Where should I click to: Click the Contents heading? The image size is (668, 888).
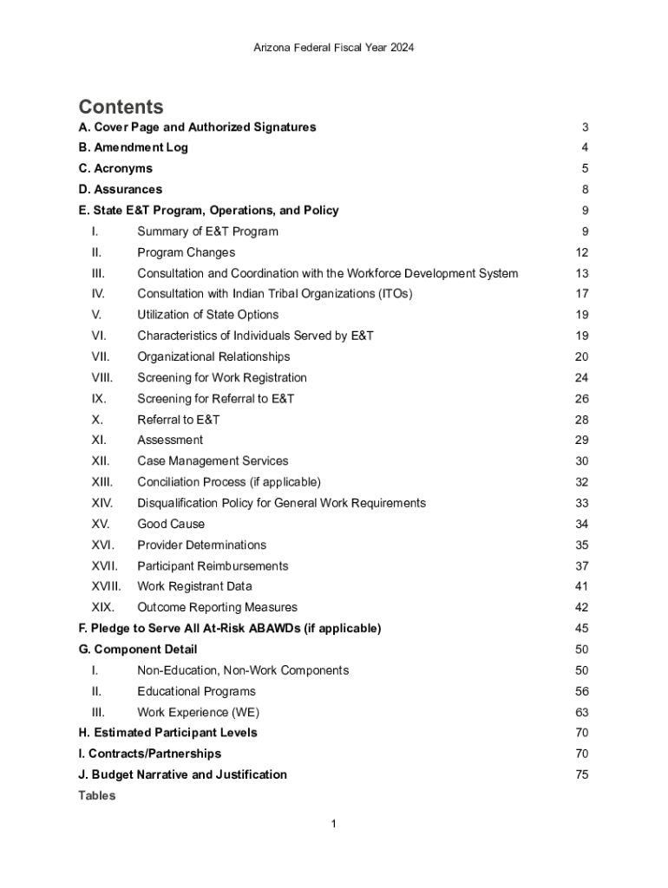[x=121, y=107]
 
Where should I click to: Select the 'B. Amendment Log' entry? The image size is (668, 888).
[x=133, y=147]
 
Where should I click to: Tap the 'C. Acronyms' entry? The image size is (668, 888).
[x=115, y=168]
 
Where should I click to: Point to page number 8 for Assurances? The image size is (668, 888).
[x=586, y=189]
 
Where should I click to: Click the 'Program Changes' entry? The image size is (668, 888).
[x=186, y=252]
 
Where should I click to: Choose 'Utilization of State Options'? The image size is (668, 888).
[x=208, y=315]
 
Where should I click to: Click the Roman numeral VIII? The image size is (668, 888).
[x=102, y=377]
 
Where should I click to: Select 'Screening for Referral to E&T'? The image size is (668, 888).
[x=215, y=399]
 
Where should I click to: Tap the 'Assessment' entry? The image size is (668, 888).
[x=170, y=440]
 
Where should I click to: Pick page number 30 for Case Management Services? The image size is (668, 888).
[x=581, y=461]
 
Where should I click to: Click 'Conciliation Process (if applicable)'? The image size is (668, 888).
[x=229, y=482]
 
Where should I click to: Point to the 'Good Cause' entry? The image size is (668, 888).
[x=171, y=524]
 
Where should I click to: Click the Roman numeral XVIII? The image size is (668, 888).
[x=107, y=586]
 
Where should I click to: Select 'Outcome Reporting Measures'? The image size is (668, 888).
[x=217, y=607]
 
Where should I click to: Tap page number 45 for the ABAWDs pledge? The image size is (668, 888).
[x=581, y=628]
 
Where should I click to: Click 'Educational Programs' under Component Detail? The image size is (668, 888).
[x=196, y=691]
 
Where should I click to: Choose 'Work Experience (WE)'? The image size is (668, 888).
[x=198, y=712]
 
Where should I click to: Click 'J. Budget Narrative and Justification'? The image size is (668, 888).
[x=182, y=774]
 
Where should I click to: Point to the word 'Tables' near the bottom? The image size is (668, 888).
[x=96, y=795]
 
